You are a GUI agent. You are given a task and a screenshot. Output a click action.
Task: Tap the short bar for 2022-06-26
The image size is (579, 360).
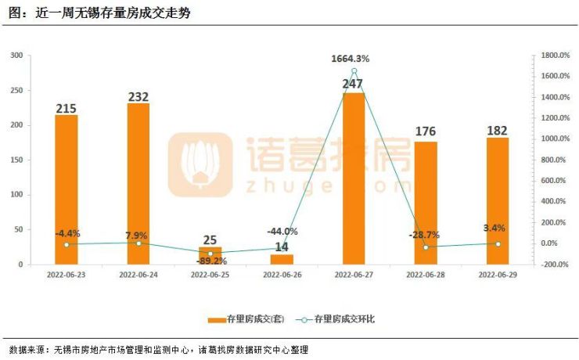[x=282, y=259]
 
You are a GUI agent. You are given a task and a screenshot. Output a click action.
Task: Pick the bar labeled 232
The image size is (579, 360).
[x=138, y=184]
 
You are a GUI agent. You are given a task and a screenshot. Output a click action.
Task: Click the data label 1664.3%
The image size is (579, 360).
[x=351, y=58]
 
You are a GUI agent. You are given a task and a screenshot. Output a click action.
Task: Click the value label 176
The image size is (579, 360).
[x=426, y=131]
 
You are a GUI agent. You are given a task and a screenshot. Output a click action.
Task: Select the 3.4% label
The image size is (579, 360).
[x=494, y=228]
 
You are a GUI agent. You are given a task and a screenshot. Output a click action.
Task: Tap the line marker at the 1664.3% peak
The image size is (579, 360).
[x=354, y=71]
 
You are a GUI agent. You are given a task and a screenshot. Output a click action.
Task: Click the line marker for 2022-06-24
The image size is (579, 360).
[x=138, y=243]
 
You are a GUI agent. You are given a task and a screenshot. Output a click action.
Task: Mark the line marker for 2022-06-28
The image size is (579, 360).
[x=426, y=247]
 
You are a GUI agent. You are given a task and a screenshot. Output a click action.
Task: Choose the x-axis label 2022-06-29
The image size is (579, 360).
[x=498, y=275]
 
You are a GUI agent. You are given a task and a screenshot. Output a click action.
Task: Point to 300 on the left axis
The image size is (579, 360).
[x=16, y=56]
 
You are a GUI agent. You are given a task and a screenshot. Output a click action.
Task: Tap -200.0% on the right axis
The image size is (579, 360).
[x=552, y=265]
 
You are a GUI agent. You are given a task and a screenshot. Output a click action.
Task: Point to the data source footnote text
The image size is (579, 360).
[x=164, y=349]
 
